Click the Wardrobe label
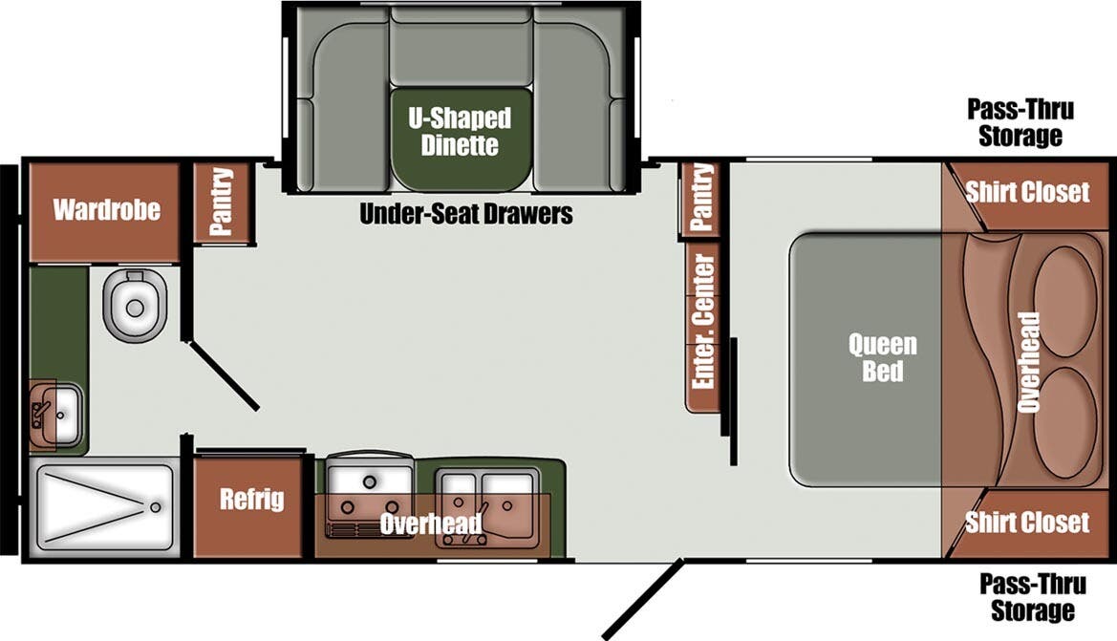(105, 209)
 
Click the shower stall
(105, 507)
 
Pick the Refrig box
(252, 500)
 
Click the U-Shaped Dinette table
(460, 134)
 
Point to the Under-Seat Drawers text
(465, 214)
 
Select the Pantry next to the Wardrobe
(222, 202)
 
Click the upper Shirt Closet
(1027, 192)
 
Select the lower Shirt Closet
(1027, 523)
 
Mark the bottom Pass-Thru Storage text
(1026, 596)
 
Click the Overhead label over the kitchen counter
(430, 524)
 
